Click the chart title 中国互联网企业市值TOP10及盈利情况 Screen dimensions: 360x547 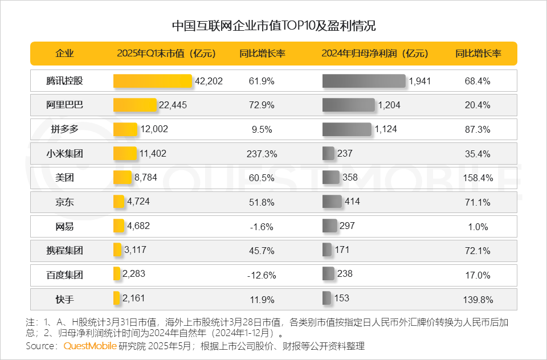[273, 26]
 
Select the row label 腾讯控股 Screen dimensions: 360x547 [64, 81]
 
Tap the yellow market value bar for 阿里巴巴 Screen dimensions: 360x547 [135, 105]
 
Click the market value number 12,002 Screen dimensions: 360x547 [154, 129]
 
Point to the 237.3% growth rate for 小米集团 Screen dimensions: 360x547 [263, 154]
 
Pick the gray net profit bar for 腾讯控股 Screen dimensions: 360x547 [364, 81]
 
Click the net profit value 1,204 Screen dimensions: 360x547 [390, 105]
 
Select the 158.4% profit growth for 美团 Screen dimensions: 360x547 [478, 178]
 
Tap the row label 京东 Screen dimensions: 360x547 [64, 202]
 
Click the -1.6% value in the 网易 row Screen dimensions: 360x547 [262, 227]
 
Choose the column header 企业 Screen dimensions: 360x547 [64, 54]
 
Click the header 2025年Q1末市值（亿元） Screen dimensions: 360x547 [166, 54]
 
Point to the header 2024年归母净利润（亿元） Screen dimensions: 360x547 [374, 54]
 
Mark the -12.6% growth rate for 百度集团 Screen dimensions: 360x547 [262, 275]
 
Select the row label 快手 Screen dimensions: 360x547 [64, 299]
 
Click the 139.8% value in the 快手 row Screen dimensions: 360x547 [478, 300]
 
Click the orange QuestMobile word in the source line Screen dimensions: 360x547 [90, 346]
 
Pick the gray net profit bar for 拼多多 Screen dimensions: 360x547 [346, 129]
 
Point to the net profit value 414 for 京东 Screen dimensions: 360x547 [352, 202]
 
